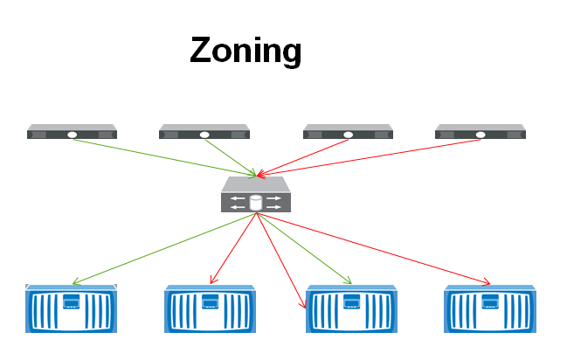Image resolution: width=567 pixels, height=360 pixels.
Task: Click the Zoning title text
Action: pos(245,50)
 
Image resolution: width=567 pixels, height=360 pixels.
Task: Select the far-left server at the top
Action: pos(72,132)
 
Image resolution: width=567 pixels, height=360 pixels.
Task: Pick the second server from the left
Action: pos(204,132)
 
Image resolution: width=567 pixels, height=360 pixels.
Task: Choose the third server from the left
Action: pos(348,132)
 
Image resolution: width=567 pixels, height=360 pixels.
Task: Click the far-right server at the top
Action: pos(481,132)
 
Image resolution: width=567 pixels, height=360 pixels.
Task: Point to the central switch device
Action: pos(255,195)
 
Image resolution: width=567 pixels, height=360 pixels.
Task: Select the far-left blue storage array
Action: pos(71,308)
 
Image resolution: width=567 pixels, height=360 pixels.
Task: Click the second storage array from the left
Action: pos(210,308)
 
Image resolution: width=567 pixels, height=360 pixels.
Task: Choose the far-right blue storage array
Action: pos(489,308)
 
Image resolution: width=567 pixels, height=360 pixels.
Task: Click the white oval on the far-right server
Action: pos(481,135)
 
